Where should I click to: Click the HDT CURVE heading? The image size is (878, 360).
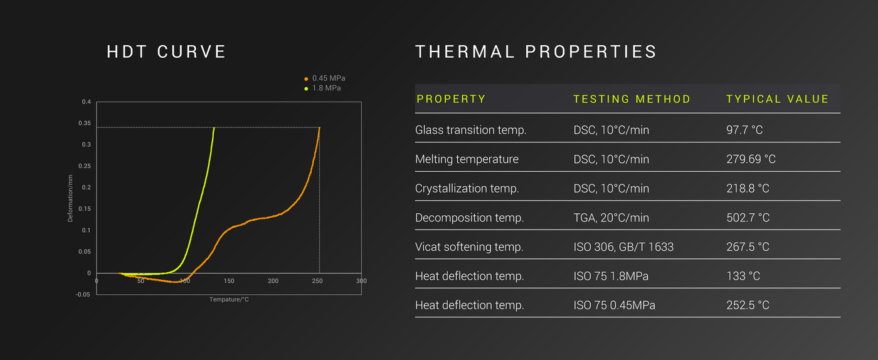[x=166, y=52]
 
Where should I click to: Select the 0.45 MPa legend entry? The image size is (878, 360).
[x=325, y=78]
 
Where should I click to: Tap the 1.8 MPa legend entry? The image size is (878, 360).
[x=322, y=88]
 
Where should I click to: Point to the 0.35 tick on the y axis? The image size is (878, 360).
[x=85, y=123]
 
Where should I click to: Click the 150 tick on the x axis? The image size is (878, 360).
[x=229, y=281]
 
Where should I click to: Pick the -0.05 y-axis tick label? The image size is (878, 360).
[x=83, y=295]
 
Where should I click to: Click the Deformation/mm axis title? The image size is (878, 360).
[x=70, y=198]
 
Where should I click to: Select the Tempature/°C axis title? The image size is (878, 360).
[x=229, y=300]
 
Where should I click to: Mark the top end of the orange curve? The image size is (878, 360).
[x=319, y=127]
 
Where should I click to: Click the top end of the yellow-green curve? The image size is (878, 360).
[x=214, y=127]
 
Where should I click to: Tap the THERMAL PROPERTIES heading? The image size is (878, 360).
[x=536, y=52]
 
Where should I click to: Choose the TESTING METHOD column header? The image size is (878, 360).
[x=632, y=99]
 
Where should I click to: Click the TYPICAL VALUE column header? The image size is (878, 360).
[x=777, y=99]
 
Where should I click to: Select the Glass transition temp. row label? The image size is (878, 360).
[x=471, y=130]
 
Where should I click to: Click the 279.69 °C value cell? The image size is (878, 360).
[x=751, y=159]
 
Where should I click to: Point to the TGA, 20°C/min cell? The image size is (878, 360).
[x=611, y=218]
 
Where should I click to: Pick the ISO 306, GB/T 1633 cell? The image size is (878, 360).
[x=623, y=246]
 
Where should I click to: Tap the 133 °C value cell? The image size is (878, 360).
[x=743, y=276]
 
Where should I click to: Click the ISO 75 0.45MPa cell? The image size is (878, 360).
[x=614, y=305]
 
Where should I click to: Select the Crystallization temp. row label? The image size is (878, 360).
[x=467, y=189]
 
